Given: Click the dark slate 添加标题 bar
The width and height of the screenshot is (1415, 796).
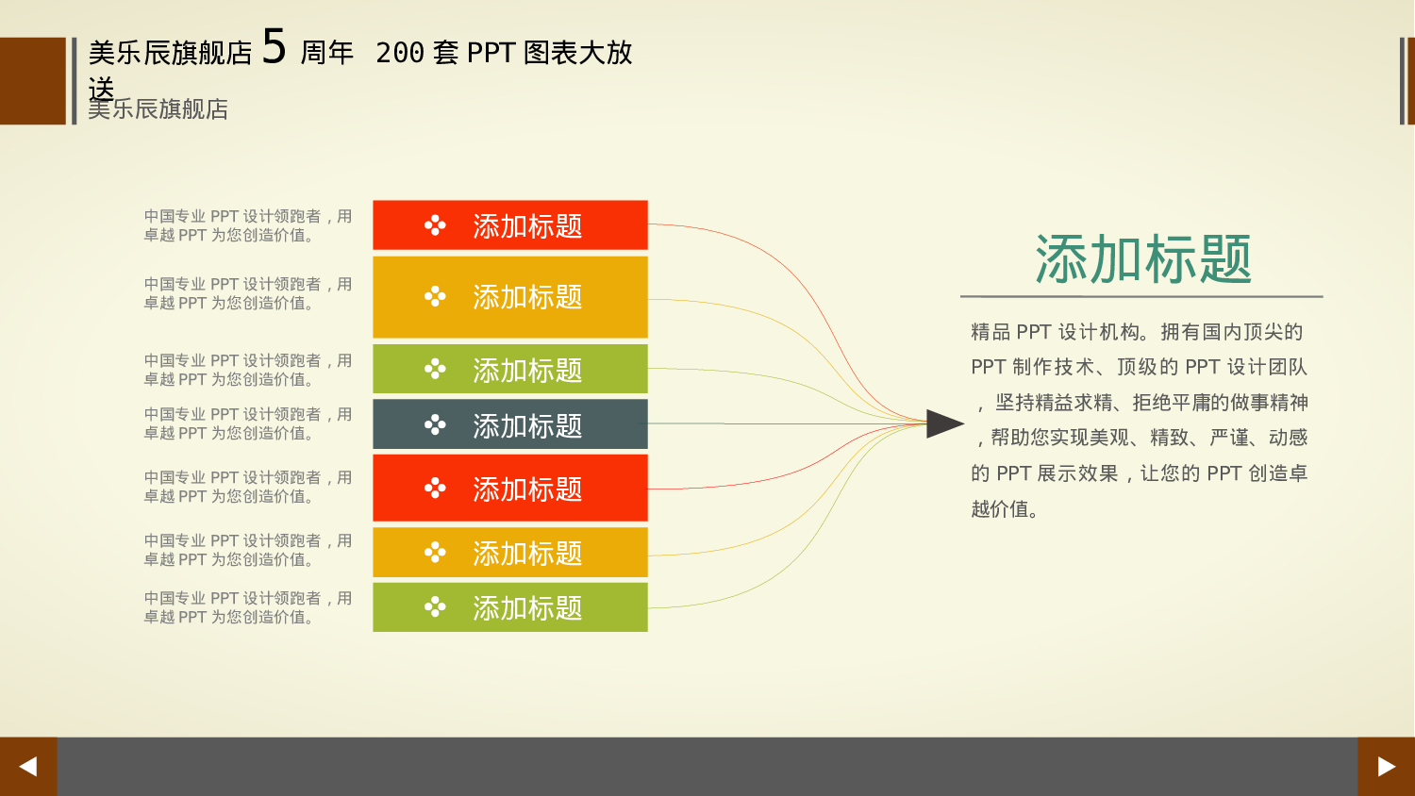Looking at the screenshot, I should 509,424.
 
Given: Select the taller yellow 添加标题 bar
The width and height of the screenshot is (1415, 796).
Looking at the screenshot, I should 509,297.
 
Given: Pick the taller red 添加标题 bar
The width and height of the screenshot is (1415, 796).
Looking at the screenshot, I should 509,488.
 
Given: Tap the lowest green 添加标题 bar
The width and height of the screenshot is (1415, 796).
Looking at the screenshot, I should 509,607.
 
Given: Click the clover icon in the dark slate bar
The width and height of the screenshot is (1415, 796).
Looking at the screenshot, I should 435,425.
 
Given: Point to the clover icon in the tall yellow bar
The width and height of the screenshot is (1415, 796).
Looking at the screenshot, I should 435,297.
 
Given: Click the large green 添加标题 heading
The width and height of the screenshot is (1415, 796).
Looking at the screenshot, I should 1142,259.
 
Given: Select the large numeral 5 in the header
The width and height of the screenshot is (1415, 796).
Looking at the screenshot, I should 274,46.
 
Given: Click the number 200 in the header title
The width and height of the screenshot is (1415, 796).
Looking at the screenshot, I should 400,53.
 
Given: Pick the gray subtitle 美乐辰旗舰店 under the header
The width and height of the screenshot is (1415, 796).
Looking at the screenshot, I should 158,109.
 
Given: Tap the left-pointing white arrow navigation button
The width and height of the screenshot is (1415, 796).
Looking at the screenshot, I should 28,766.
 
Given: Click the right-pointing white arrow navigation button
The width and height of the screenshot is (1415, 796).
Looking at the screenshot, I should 1386,766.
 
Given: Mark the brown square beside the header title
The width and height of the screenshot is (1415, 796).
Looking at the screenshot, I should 32,81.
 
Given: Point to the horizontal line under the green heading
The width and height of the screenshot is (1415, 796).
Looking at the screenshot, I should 1141,296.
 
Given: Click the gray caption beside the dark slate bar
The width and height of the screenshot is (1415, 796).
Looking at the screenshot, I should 247,423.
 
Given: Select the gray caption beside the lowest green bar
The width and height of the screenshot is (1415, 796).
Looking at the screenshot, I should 247,607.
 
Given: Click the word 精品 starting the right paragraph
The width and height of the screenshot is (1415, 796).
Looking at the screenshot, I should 990,332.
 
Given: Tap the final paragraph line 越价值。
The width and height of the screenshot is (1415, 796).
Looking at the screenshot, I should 1005,509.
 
